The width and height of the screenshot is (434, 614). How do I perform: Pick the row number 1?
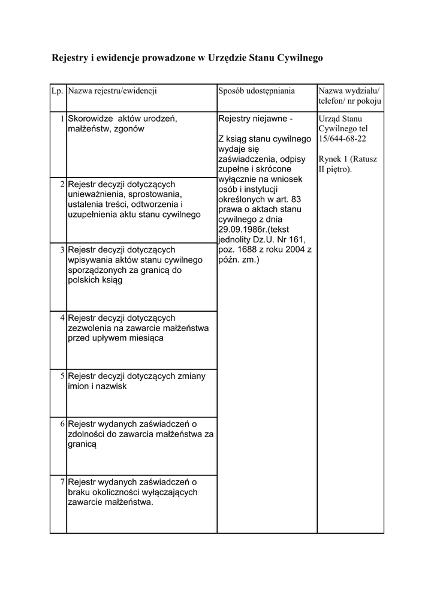62,119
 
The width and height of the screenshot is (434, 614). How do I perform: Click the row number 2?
62,184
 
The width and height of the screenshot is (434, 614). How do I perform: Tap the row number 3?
62,249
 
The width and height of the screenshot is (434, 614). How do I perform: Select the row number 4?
62,317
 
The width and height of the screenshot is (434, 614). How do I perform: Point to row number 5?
62,376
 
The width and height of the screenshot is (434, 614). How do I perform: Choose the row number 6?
62,424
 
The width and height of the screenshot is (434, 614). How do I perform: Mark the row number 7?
62,481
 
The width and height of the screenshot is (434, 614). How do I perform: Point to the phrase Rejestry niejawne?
256,119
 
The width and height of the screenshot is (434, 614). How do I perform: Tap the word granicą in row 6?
82,446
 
